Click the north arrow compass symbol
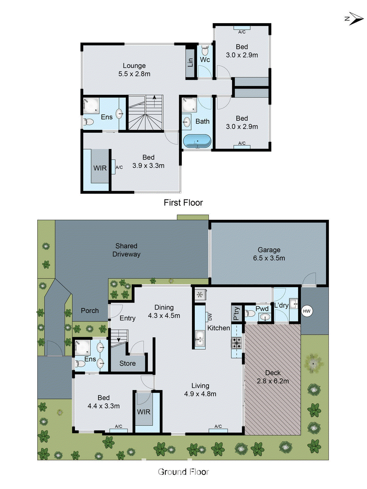coord(355,19)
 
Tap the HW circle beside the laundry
coord(307,311)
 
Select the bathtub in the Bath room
coord(197,142)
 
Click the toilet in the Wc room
coord(205,50)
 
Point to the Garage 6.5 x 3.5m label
coord(269,254)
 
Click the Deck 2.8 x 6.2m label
coord(273,377)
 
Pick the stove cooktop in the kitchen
coord(236,343)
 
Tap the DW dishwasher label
coord(210,317)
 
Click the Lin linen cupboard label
coord(191,62)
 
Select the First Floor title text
coord(183,203)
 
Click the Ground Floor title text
coord(183,472)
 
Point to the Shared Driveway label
coord(126,250)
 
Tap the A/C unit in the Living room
coord(218,430)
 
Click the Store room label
coord(128,363)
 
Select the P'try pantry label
coord(236,313)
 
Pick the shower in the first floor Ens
coord(91,105)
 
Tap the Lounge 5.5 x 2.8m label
coord(134,70)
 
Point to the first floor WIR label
coord(100,168)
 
